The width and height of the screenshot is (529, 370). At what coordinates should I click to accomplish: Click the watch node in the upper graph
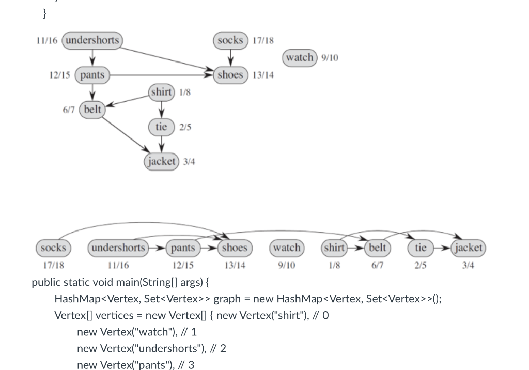300,57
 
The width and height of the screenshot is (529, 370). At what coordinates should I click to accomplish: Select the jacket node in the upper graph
162,161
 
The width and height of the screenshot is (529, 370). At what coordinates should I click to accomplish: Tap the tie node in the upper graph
161,127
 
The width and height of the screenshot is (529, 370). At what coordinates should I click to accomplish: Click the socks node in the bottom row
53,248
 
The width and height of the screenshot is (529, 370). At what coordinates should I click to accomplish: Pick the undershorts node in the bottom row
118,248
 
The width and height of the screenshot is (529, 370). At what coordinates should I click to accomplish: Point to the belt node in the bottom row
377,248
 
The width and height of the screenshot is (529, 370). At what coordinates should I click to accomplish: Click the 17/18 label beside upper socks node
263,41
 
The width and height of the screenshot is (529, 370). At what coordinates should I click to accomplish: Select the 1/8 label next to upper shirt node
185,92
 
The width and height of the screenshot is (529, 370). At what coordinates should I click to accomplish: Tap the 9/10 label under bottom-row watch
286,265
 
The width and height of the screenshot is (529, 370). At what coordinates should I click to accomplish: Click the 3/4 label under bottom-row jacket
468,265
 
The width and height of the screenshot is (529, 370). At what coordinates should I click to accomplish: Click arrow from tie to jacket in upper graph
162,144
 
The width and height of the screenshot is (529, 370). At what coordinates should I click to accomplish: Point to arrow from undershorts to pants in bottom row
158,248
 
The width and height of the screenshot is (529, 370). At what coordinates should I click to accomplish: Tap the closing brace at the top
45,14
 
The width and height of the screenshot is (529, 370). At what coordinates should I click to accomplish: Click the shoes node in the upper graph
230,75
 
